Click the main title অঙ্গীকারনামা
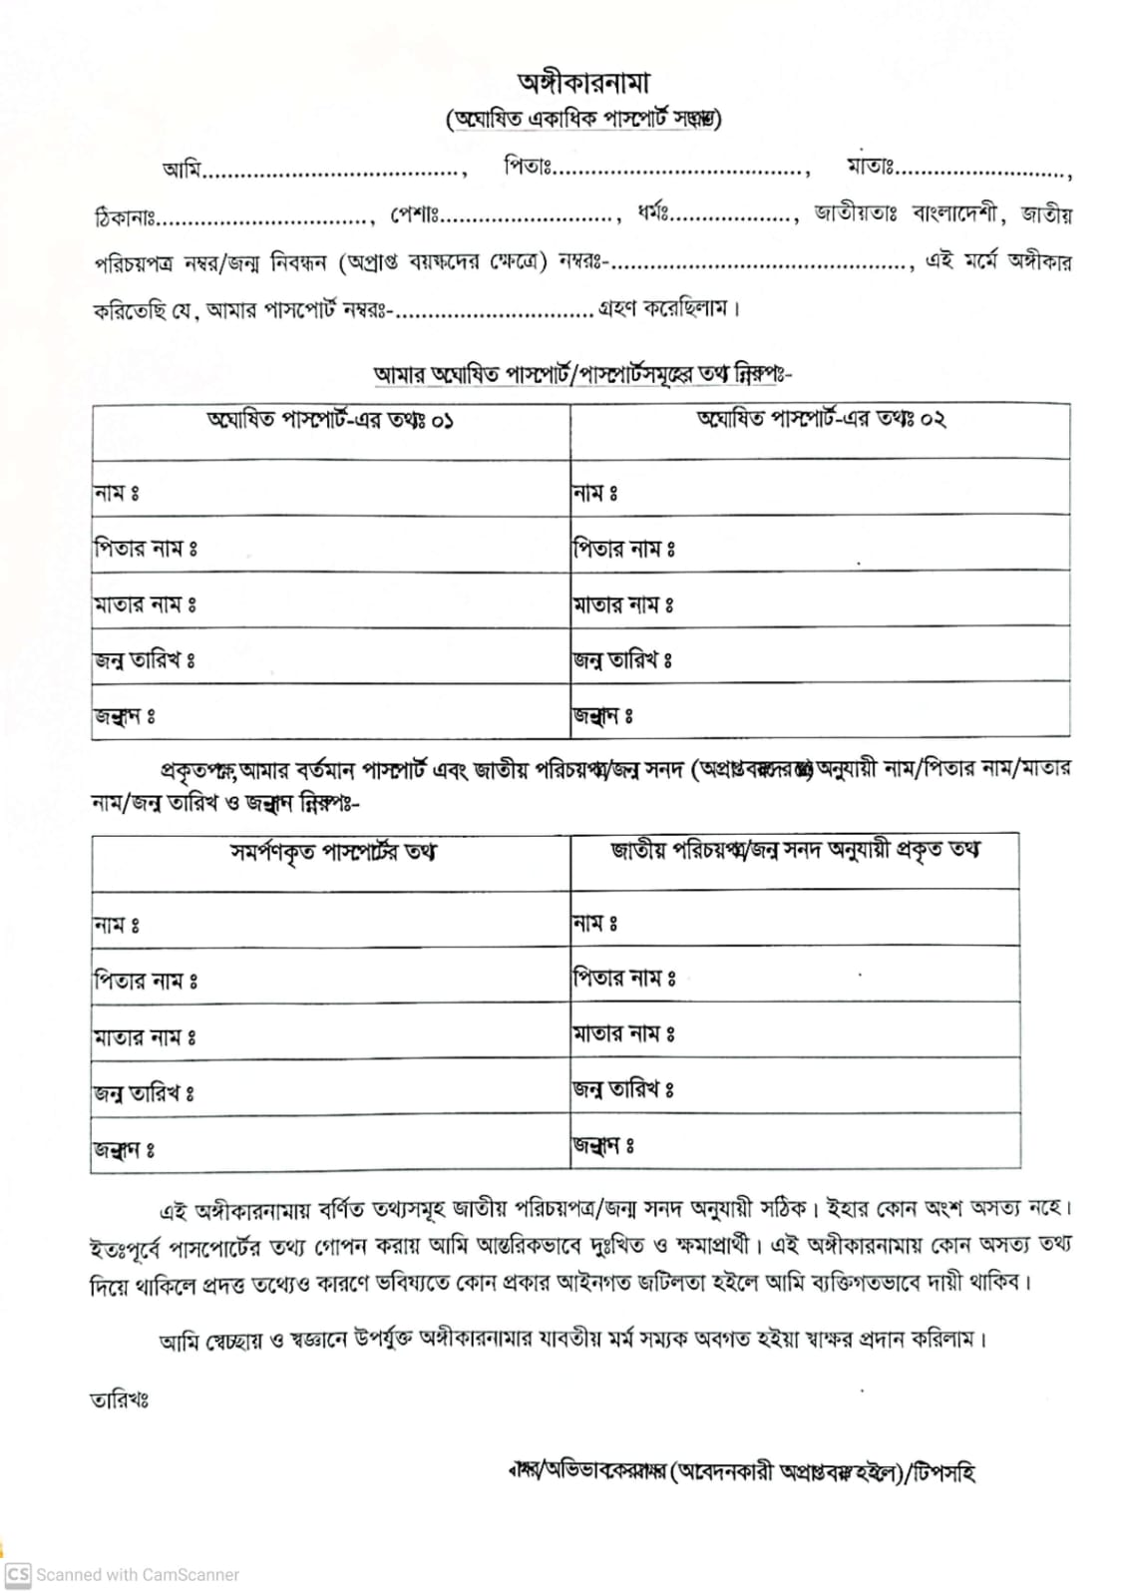point(583,82)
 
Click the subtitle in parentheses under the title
point(583,119)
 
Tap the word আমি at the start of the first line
point(182,169)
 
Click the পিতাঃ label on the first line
point(527,166)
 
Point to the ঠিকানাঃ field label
point(124,215)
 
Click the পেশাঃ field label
point(414,213)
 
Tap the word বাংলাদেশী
point(954,213)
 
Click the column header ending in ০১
point(330,419)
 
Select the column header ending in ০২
point(820,418)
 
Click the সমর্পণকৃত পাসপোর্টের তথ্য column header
point(332,852)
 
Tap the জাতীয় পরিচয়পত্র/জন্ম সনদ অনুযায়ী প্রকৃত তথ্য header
point(795,850)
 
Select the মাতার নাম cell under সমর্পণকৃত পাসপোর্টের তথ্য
point(329,1036)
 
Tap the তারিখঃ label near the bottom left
point(119,1399)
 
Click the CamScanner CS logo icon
point(18,1574)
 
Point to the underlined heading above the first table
point(582,374)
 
